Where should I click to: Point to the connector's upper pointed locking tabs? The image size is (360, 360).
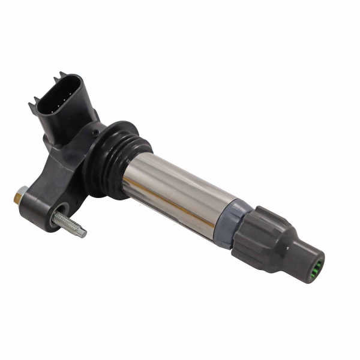(62, 76)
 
